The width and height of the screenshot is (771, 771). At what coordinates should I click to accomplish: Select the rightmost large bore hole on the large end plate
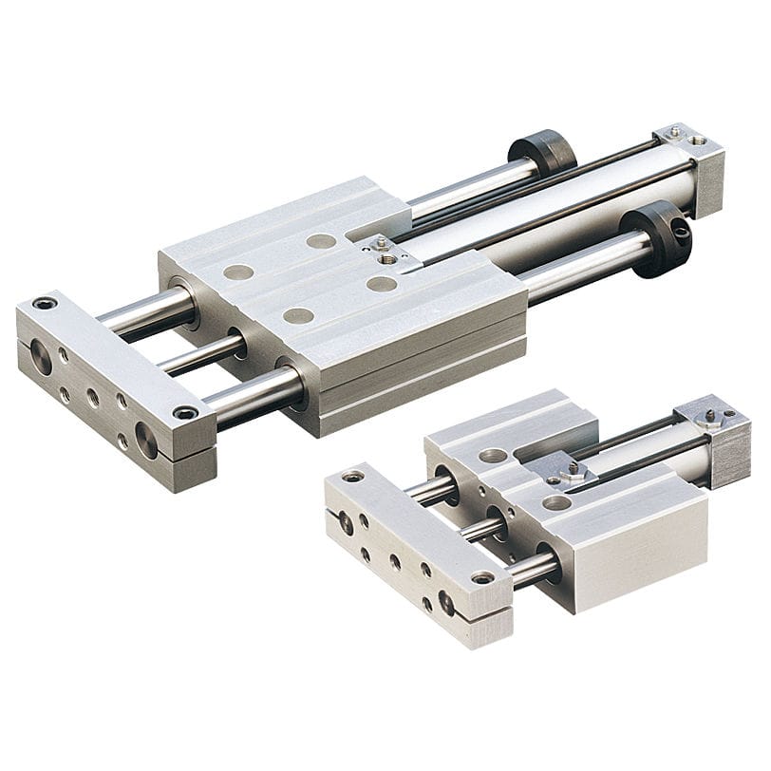coord(146,439)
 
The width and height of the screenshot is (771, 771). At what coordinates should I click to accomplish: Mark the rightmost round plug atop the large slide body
coord(382,283)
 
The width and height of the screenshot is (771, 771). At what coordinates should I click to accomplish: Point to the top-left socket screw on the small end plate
coord(353,476)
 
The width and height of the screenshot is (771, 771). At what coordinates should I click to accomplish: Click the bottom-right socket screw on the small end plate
coord(483,576)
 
